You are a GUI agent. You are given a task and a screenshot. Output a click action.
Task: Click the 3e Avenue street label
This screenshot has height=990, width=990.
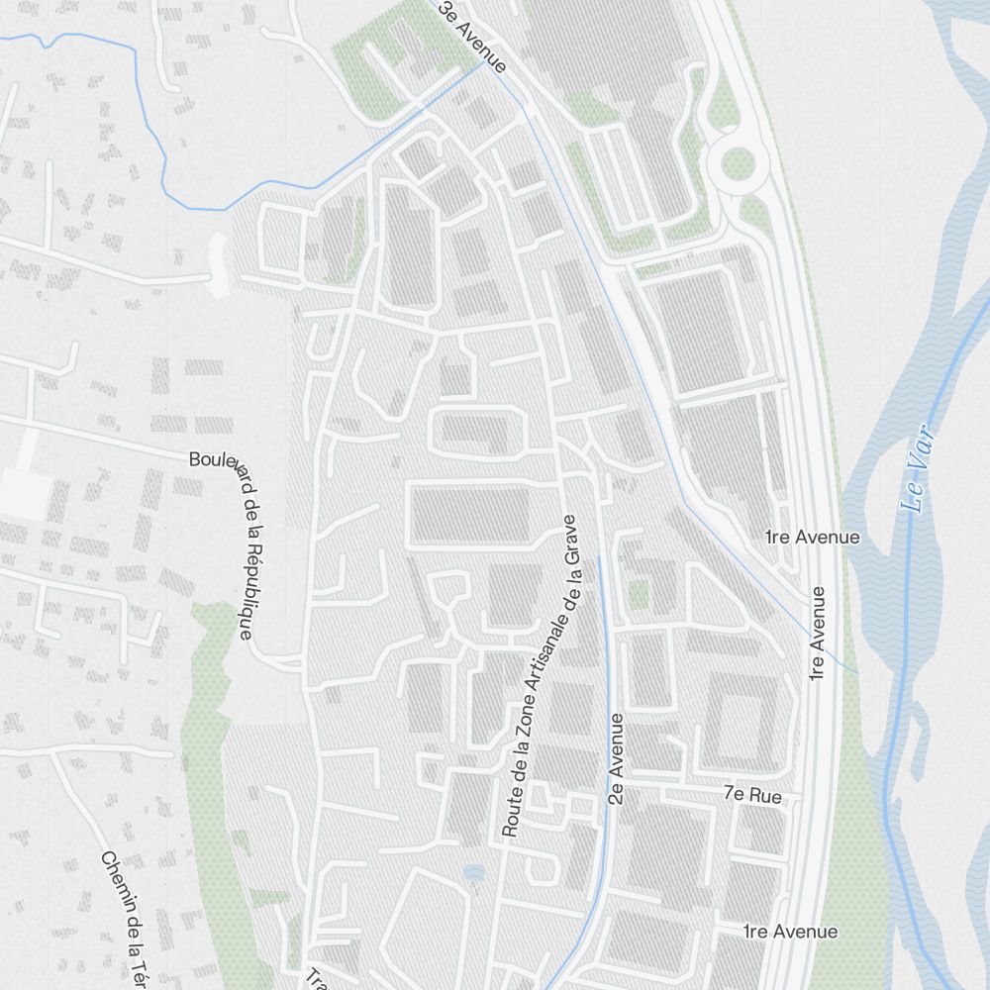click(x=472, y=39)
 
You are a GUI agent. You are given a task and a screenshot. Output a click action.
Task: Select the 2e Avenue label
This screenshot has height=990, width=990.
click(x=617, y=757)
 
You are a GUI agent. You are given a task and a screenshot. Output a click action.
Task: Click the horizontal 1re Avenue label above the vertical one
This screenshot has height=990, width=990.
click(x=813, y=537)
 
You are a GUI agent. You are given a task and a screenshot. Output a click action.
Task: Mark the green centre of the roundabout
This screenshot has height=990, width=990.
click(x=737, y=163)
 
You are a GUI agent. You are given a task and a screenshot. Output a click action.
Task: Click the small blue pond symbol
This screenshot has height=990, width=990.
click(x=474, y=872)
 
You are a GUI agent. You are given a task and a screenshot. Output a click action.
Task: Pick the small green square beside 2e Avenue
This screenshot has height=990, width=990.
click(x=639, y=594)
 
